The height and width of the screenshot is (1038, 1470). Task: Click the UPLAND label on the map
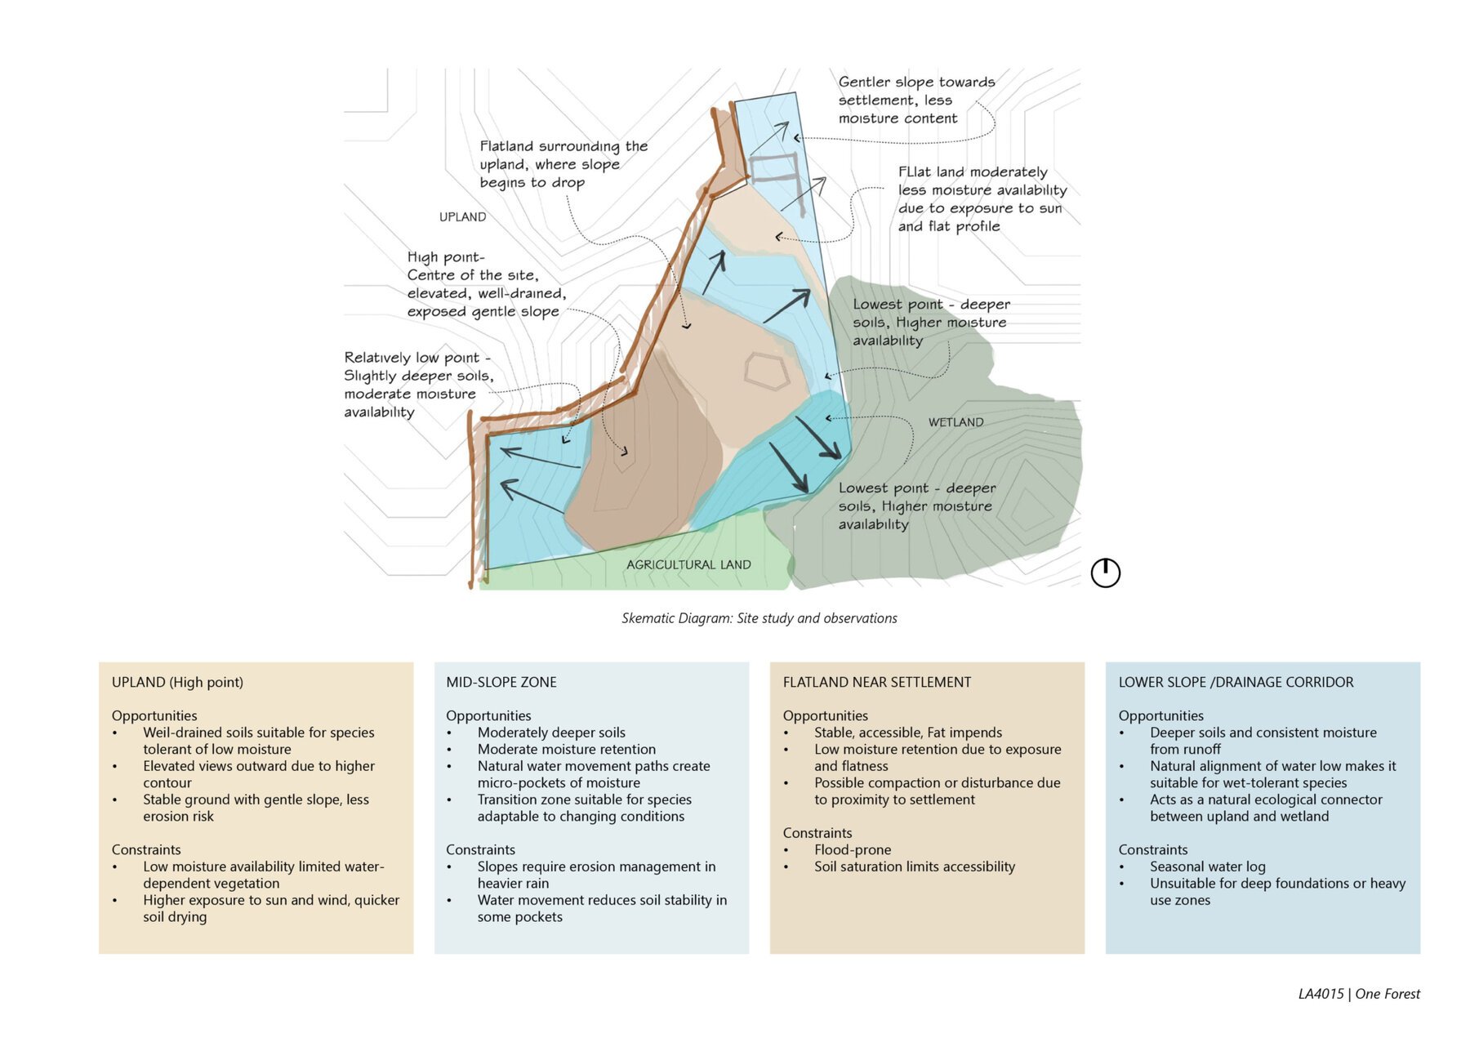tap(462, 216)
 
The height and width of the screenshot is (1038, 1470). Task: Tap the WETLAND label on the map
tap(955, 422)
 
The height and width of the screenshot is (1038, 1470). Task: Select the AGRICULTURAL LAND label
tap(688, 564)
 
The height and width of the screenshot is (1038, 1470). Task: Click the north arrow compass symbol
tap(1106, 572)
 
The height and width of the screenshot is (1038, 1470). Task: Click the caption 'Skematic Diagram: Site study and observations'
tap(759, 618)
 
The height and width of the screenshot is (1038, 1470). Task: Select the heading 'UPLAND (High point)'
tap(177, 682)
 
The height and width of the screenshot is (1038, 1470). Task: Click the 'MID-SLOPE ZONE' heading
tap(501, 682)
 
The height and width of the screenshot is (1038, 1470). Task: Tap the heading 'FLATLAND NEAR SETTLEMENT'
tap(877, 682)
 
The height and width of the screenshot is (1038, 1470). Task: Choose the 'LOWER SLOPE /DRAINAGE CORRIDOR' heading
tap(1236, 682)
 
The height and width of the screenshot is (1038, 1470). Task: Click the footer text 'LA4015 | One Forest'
tap(1359, 994)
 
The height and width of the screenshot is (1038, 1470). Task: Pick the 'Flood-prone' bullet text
tap(853, 849)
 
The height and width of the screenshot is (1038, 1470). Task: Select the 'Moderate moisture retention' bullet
tap(567, 749)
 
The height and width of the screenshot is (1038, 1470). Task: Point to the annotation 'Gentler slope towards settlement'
tap(916, 100)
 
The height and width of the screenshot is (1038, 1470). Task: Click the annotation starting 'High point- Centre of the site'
tap(487, 284)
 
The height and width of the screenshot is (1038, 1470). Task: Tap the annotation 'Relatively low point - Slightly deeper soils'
tap(419, 385)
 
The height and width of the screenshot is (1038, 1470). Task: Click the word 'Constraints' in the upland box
tap(146, 849)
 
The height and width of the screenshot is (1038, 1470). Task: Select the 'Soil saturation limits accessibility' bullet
tap(915, 866)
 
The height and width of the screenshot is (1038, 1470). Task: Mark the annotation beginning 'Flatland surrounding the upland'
tap(563, 164)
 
